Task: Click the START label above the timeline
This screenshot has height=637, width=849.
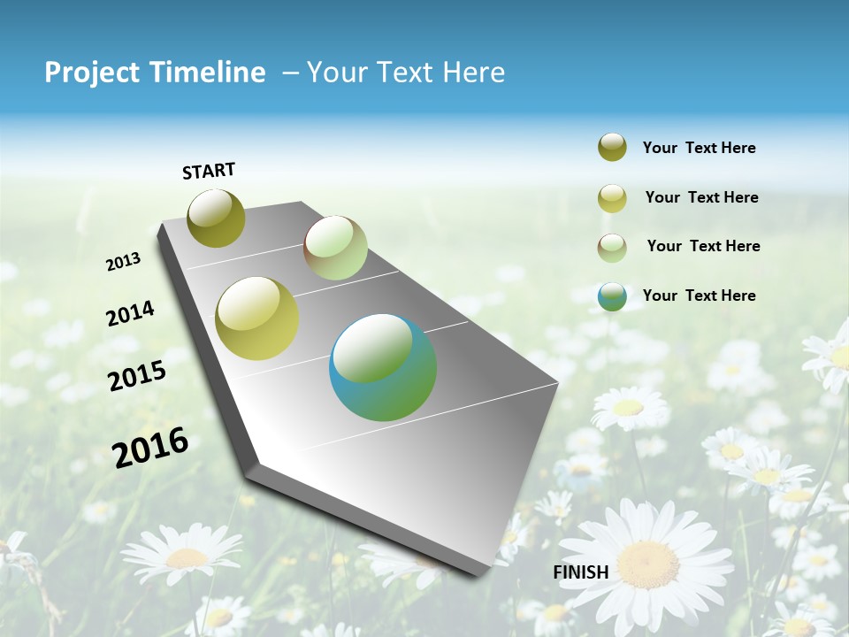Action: pyautogui.click(x=209, y=171)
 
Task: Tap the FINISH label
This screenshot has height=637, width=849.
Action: pyautogui.click(x=580, y=572)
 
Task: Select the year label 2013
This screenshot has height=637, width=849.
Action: pyautogui.click(x=124, y=262)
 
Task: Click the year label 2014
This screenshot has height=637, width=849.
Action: pyautogui.click(x=130, y=313)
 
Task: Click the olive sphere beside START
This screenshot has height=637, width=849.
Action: pyautogui.click(x=216, y=218)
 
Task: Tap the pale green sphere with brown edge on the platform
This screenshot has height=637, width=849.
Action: pyautogui.click(x=335, y=248)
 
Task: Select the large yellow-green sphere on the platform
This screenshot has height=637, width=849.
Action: pyautogui.click(x=257, y=318)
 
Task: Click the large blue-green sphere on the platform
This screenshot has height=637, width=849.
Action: pyautogui.click(x=383, y=367)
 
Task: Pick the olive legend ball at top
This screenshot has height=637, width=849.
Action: pyautogui.click(x=612, y=148)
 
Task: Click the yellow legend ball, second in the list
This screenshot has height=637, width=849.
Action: pyautogui.click(x=612, y=198)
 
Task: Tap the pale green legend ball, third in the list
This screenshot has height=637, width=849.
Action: pyautogui.click(x=612, y=247)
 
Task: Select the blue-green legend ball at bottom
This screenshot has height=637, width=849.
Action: pyautogui.click(x=612, y=296)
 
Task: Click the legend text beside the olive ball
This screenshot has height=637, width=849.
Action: pyautogui.click(x=699, y=149)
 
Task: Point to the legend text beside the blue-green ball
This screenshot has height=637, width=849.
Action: pyautogui.click(x=699, y=295)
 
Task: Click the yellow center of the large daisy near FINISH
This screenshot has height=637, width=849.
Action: pyautogui.click(x=647, y=564)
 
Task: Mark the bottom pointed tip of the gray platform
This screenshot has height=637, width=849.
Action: pyautogui.click(x=478, y=576)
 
